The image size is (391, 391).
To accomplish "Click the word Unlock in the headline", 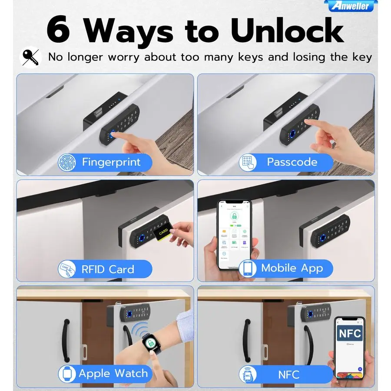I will [x=287, y=30].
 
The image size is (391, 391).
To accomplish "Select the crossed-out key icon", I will [x=31, y=57].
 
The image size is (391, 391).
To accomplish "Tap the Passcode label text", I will [x=292, y=162].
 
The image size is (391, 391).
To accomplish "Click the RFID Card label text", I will [x=108, y=269].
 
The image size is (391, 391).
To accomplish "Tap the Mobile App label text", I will [x=292, y=268].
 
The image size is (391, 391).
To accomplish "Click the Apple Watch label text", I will [x=113, y=373].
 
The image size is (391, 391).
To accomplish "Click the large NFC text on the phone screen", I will [x=350, y=334].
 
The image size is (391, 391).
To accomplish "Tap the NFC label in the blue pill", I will [x=288, y=374].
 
